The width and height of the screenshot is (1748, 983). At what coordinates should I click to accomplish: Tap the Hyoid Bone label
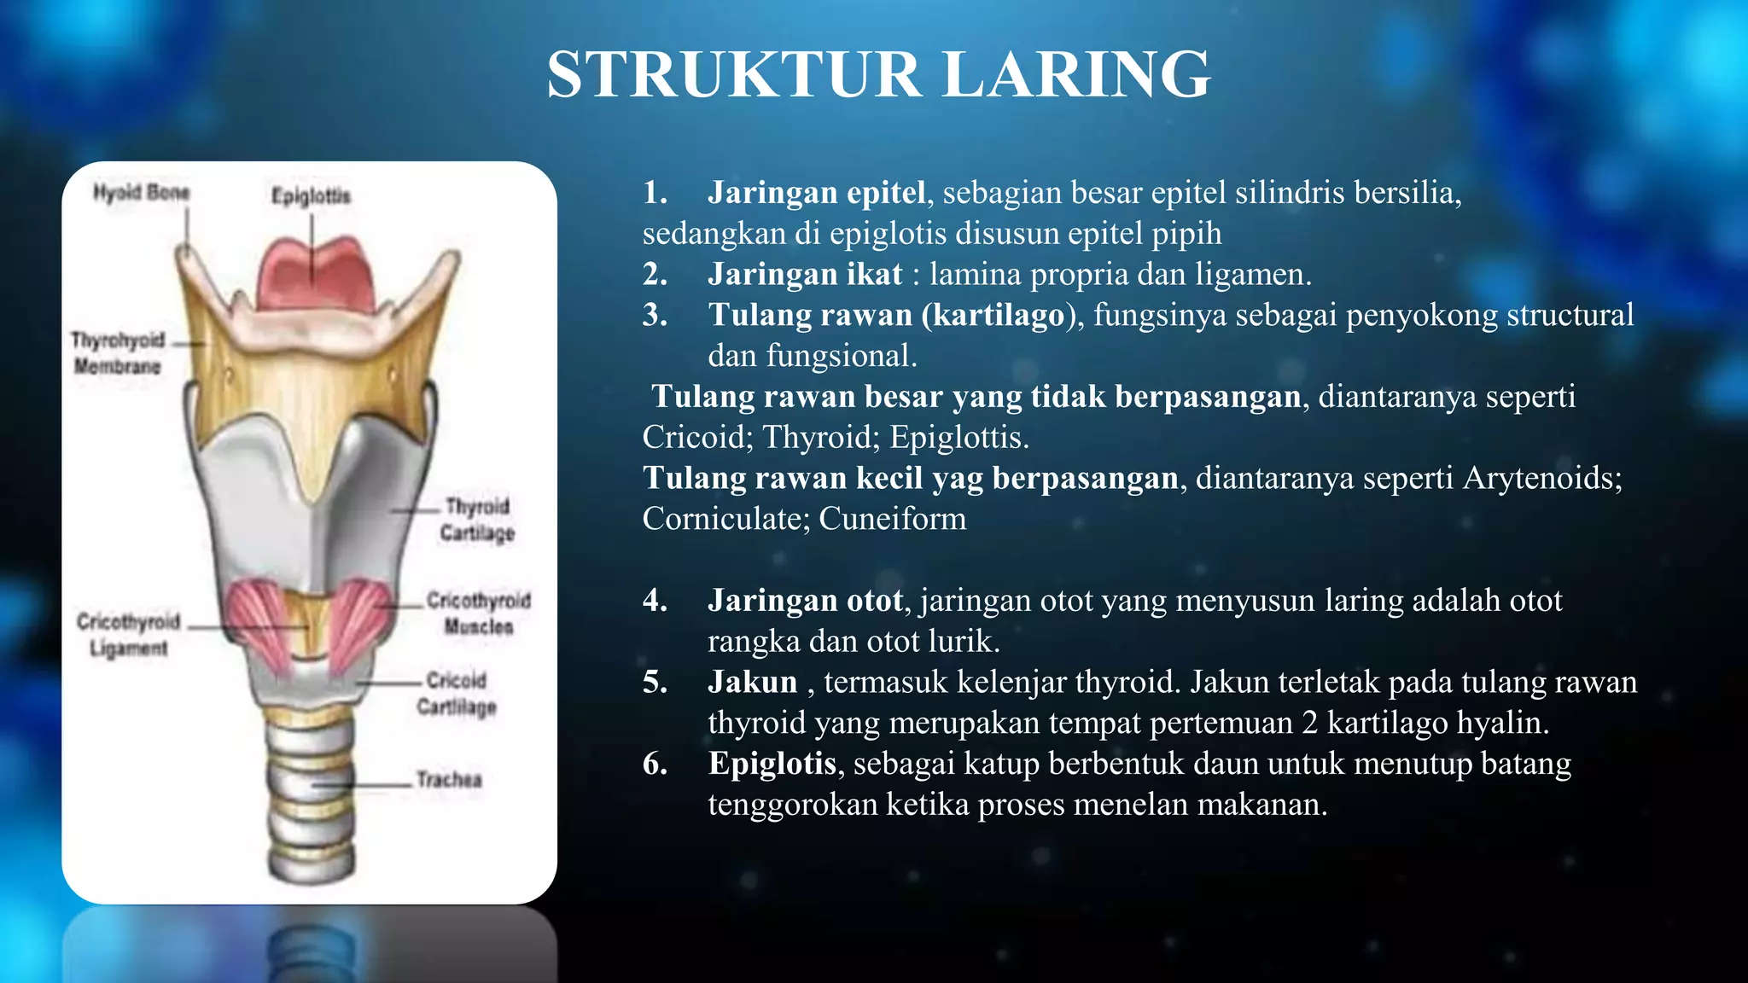[x=141, y=193]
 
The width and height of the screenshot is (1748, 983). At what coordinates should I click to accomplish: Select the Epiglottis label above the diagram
[x=311, y=196]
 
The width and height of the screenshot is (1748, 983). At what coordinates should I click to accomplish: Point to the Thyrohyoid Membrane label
[x=118, y=352]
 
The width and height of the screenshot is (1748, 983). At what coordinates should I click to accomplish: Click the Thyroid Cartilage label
[x=477, y=519]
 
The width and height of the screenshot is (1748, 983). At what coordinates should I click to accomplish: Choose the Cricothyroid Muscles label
[x=478, y=613]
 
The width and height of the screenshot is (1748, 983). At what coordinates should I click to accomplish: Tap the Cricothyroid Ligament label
[x=129, y=634]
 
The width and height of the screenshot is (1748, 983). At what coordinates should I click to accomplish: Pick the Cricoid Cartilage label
[x=457, y=693]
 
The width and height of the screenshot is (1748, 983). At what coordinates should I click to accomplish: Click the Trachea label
[x=449, y=779]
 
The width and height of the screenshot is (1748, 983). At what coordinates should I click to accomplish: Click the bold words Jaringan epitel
[x=816, y=193]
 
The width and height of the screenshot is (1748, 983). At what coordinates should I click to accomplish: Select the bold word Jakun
[x=752, y=682]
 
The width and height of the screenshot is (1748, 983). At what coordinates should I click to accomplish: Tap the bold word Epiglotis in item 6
[x=772, y=764]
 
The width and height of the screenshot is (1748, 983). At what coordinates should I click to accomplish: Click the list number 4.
[x=655, y=601]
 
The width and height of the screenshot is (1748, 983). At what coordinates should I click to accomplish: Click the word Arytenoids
[x=1541, y=478]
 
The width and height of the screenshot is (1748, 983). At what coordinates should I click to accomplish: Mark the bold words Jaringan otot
[x=805, y=601]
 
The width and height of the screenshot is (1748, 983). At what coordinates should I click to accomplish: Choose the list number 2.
[x=655, y=275]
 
